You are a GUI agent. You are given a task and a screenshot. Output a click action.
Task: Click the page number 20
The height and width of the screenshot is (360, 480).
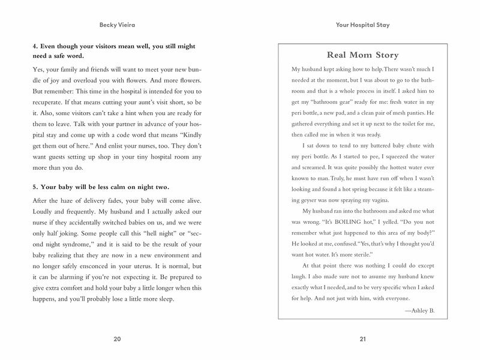click(117, 339)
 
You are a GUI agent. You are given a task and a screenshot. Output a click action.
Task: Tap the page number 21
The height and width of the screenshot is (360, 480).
click(362, 339)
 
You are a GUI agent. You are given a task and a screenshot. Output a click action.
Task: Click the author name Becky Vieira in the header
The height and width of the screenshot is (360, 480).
click(117, 26)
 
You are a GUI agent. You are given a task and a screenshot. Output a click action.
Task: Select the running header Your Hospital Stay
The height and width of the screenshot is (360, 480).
click(362, 26)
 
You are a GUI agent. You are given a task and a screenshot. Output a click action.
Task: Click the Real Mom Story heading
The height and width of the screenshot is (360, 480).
click(362, 55)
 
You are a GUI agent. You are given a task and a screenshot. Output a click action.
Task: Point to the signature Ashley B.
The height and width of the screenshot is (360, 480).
click(419, 310)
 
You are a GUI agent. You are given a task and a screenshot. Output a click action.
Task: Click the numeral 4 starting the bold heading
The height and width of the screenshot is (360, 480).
click(35, 46)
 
